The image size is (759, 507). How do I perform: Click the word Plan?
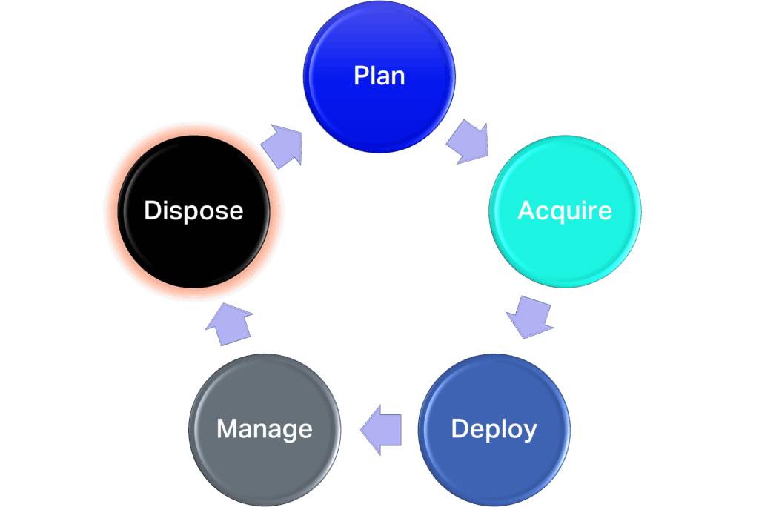[379, 76]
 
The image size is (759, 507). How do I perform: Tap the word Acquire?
[565, 211]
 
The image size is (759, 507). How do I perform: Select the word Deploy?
[494, 429]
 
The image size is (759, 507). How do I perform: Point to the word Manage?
[265, 429]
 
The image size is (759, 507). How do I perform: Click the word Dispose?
[193, 211]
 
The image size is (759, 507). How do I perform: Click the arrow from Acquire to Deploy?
[531, 317]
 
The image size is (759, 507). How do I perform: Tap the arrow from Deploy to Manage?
[382, 429]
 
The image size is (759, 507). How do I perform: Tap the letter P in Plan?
[361, 76]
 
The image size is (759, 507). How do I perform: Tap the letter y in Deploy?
[530, 433]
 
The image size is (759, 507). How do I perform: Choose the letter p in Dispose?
[190, 213]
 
